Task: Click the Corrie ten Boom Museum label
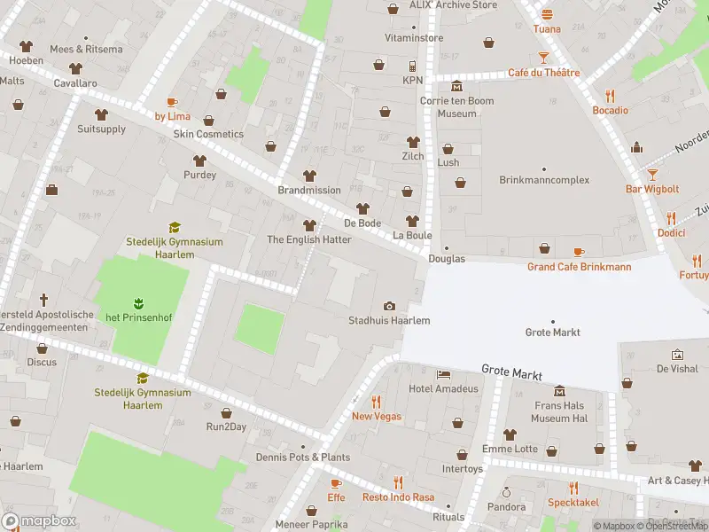pyautogui.click(x=457, y=107)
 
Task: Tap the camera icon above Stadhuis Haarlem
pyautogui.click(x=389, y=306)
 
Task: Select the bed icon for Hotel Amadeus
pyautogui.click(x=443, y=375)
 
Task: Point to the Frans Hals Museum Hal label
pyautogui.click(x=560, y=411)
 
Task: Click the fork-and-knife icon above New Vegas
pyautogui.click(x=376, y=402)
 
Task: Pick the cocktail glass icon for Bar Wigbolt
pyautogui.click(x=652, y=175)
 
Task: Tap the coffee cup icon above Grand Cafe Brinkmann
pyautogui.click(x=579, y=252)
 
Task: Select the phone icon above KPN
pyautogui.click(x=412, y=66)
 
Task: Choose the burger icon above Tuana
pyautogui.click(x=547, y=14)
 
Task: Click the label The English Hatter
pyautogui.click(x=309, y=239)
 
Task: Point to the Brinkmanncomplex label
pyautogui.click(x=544, y=180)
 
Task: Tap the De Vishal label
pyautogui.click(x=678, y=368)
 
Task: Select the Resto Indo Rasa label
pyautogui.click(x=398, y=497)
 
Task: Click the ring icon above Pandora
pyautogui.click(x=507, y=492)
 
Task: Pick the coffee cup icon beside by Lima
pyautogui.click(x=172, y=102)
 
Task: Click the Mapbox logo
pyautogui.click(x=38, y=521)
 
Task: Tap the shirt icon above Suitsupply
pyautogui.click(x=101, y=114)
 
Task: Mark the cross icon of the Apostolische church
pyautogui.click(x=42, y=301)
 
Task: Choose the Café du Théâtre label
pyautogui.click(x=543, y=73)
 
